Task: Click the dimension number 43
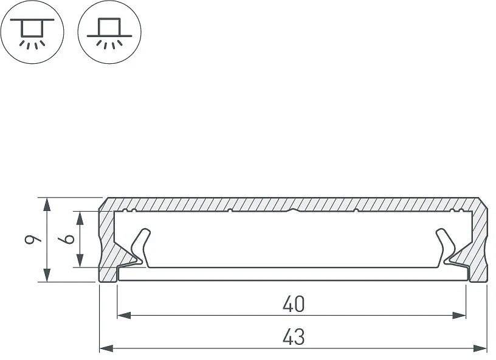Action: coord(294,337)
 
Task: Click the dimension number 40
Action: coord(294,303)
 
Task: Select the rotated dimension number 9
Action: coord(33,240)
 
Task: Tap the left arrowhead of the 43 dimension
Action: coord(106,348)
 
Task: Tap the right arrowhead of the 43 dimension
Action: coord(480,348)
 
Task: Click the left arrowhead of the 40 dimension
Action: coord(124,315)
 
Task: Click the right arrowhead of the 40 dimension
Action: coord(460,315)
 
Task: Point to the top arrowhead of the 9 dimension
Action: coord(47,204)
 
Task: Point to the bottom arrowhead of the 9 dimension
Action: coord(47,275)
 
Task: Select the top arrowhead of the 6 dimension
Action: coord(80,218)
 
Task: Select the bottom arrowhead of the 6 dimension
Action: coord(80,260)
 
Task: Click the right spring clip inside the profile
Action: coord(446,247)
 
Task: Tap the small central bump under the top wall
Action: coord(294,210)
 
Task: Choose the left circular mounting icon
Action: coord(32,32)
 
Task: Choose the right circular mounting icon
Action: coord(109,32)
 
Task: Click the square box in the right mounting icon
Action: coord(109,27)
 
